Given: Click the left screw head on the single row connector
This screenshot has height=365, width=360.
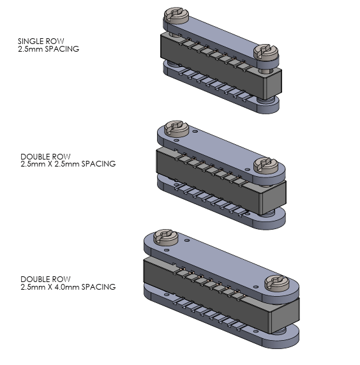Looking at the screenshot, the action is [176, 15].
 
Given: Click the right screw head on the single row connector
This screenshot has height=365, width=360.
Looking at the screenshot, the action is [266, 52].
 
